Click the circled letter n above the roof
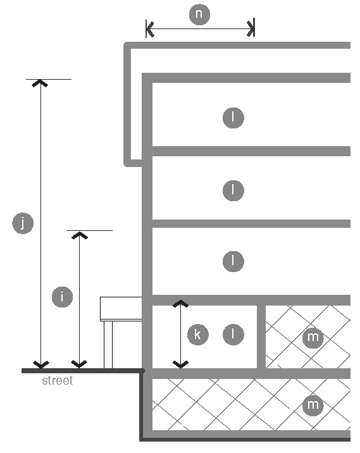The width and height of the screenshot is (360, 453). tap(199, 14)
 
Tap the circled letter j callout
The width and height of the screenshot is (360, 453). tap(23, 223)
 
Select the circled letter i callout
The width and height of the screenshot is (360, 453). tap(62, 297)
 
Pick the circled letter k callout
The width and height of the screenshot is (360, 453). tap(198, 335)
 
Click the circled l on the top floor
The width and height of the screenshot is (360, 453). tap(233, 118)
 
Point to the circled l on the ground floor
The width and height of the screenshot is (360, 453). tap(233, 335)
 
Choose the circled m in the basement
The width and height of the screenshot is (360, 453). tap(313, 405)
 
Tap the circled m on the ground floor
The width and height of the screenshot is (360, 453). tap(313, 337)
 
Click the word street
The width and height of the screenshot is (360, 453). tap(58, 380)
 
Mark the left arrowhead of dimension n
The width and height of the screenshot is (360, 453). tap(150, 29)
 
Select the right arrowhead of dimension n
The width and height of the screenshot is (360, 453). tap(250, 29)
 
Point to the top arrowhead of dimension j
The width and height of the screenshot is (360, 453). tap(40, 84)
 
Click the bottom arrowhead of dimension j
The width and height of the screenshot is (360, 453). tap(41, 364)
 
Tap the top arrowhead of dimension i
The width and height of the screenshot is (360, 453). tap(80, 235)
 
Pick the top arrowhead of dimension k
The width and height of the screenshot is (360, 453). tap(180, 303)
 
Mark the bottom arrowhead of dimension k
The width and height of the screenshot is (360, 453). tap(180, 364)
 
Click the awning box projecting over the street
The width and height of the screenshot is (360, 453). tap(121, 309)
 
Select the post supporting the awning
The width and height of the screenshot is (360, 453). tap(108, 344)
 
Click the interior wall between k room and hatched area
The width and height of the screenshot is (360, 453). tap(261, 337)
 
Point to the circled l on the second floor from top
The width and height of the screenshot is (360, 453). tap(233, 190)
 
